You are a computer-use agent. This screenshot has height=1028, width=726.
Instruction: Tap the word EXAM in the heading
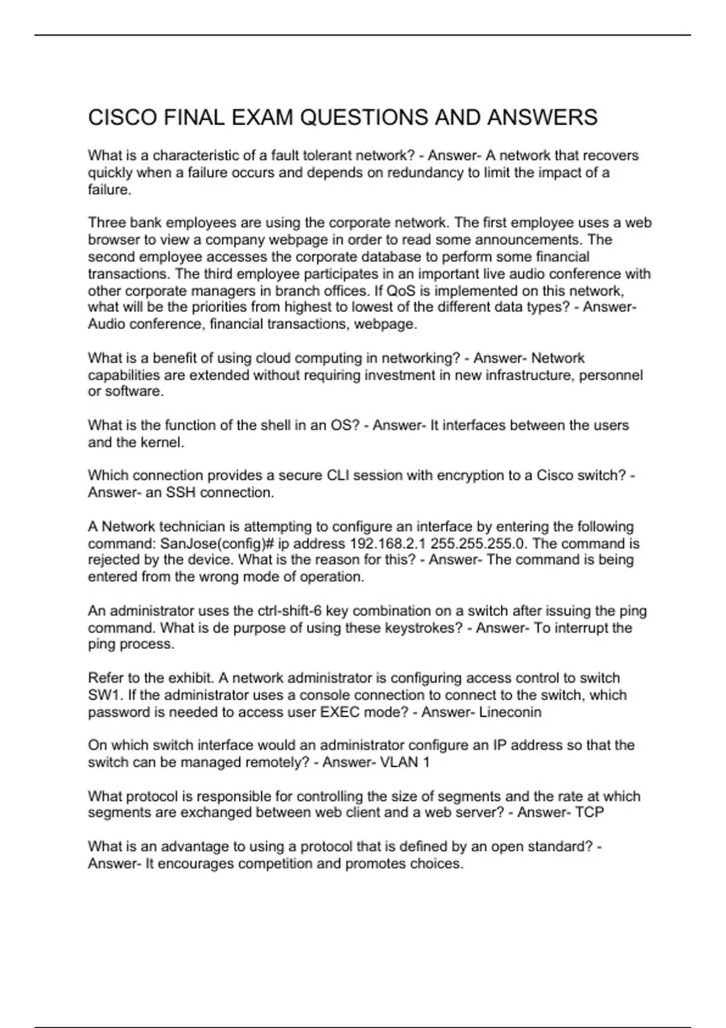[263, 117]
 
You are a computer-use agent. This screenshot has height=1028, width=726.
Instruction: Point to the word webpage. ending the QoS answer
[385, 324]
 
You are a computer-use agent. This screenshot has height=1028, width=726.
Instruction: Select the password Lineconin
[510, 712]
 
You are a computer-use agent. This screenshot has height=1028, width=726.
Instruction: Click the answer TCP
[589, 813]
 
